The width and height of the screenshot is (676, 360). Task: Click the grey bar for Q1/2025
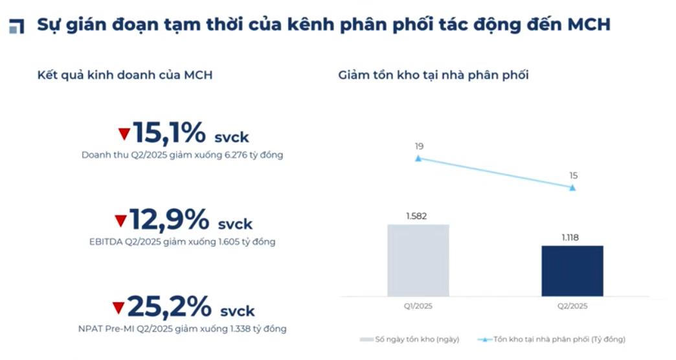pos(418,260)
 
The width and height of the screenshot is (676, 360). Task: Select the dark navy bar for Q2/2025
pos(572,271)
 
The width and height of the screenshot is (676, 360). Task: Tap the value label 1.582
pos(416,216)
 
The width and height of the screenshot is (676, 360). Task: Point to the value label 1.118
pos(570,238)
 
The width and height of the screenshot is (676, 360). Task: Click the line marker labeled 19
pos(418,158)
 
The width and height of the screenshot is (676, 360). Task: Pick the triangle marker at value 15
pos(572,188)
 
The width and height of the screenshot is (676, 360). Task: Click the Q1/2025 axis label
pos(418,306)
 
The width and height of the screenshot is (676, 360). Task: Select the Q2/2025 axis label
pos(572,306)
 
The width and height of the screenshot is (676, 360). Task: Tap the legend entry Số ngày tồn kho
pos(410,339)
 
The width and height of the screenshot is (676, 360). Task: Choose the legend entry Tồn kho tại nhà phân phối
pos(552,339)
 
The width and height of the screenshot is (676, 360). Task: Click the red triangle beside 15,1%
pos(124,134)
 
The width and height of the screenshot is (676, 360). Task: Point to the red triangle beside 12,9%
pos(120,221)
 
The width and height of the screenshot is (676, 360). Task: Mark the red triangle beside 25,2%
pos(118,308)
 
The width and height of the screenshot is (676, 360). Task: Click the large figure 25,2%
pos(170,306)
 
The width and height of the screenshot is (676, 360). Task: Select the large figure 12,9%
pos(170,219)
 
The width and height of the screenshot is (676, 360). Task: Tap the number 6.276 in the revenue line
pos(236,155)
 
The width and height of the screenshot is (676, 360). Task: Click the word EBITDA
pos(106,242)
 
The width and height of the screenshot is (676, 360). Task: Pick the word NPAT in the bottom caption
pos(90,329)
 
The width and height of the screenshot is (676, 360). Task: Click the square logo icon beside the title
pos(16,26)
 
